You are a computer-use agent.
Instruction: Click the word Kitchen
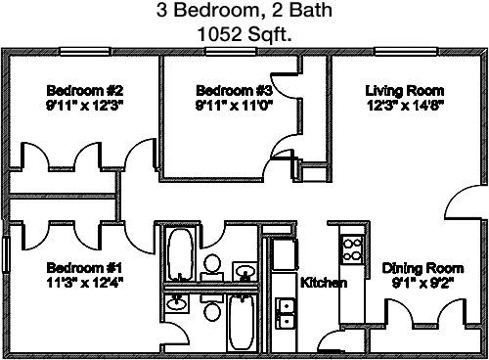pyautogui.click(x=323, y=282)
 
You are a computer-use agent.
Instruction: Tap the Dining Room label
pyautogui.click(x=422, y=268)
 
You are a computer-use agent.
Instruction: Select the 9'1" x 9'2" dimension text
pyautogui.click(x=422, y=283)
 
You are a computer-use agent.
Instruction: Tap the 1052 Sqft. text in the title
pyautogui.click(x=244, y=33)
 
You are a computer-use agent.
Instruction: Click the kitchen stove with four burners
pyautogui.click(x=352, y=248)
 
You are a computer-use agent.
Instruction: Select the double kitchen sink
pyautogui.click(x=286, y=312)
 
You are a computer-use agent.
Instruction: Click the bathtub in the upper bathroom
pyautogui.click(x=179, y=252)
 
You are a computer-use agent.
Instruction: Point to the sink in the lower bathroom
pyautogui.click(x=176, y=302)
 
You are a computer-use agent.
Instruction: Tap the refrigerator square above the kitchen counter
pyautogui.click(x=283, y=255)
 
